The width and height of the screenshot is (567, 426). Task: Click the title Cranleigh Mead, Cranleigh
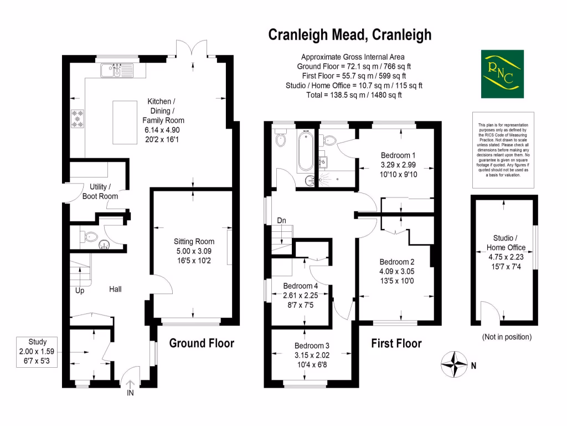(349, 35)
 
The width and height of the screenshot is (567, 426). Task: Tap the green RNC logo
(501, 74)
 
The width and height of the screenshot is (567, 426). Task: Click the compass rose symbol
(453, 364)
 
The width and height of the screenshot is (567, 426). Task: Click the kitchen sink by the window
(114, 70)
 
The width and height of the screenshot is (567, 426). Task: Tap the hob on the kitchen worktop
(77, 119)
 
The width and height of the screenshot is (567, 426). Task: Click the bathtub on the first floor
(305, 151)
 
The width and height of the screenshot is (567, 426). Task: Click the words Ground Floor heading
(201, 343)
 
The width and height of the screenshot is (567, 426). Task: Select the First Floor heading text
(396, 344)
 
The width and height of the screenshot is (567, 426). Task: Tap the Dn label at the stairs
(281, 221)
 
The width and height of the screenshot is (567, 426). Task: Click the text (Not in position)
(507, 337)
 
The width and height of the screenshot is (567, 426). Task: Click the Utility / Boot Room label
(100, 191)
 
